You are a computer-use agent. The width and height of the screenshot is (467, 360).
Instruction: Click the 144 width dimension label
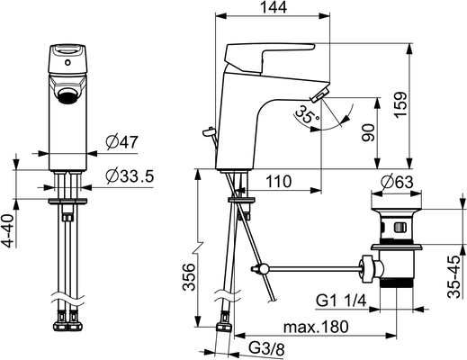(x=274, y=7)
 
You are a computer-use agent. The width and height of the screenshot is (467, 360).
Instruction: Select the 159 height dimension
(x=400, y=104)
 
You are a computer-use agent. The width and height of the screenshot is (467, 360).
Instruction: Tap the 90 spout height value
(x=368, y=132)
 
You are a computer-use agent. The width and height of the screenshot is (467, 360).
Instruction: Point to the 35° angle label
(x=307, y=115)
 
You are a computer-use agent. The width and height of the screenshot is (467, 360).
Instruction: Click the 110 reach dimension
(x=278, y=182)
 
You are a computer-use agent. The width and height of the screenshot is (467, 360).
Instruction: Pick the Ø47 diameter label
(x=122, y=142)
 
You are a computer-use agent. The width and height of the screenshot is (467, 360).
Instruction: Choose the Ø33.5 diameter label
(x=130, y=176)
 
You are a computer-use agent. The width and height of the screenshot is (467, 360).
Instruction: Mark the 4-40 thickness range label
(x=10, y=230)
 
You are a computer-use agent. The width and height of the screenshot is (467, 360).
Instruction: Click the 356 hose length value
(x=189, y=277)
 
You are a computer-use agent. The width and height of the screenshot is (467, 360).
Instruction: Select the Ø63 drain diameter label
(x=397, y=182)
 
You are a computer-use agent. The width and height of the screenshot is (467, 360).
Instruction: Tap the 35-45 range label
(x=454, y=276)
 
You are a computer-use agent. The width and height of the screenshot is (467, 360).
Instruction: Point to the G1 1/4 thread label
(x=341, y=301)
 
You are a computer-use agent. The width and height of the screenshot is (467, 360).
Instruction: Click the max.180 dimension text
(x=316, y=327)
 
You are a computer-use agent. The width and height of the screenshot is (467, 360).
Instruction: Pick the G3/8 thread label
(x=267, y=349)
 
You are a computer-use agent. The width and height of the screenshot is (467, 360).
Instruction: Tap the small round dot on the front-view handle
(x=68, y=63)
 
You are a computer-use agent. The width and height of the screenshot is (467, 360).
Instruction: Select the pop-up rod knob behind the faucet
(x=208, y=131)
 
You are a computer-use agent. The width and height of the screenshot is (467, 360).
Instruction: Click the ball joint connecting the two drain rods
(x=264, y=268)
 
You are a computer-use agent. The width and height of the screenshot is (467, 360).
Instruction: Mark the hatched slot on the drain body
(x=400, y=228)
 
